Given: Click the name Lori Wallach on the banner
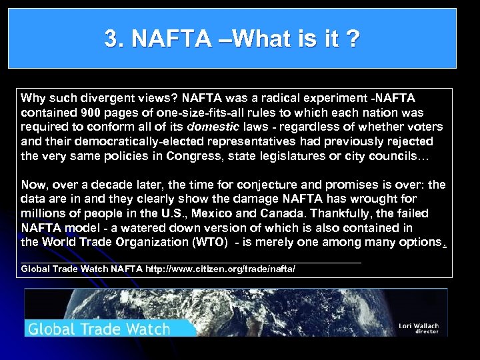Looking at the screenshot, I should tap(418, 325).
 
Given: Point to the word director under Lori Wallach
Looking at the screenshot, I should tap(427, 331).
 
